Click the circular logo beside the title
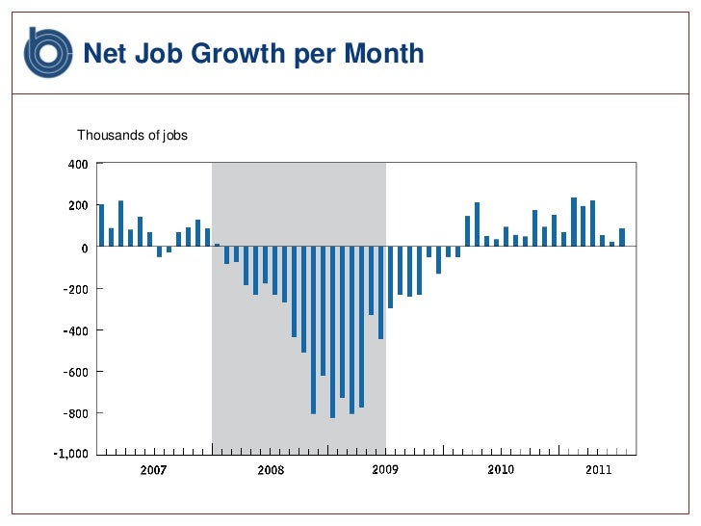pos(48,52)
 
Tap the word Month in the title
pos(384,53)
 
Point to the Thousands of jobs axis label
pos(132,136)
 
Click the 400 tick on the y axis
pos(77,164)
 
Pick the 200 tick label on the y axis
pos(77,205)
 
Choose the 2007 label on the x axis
pos(154,470)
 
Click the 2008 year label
pos(271,470)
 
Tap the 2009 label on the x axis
pos(385,470)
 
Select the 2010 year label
pos(501,470)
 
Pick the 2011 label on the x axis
pos(598,470)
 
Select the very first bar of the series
pos(101,225)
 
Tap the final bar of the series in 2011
pos(622,237)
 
